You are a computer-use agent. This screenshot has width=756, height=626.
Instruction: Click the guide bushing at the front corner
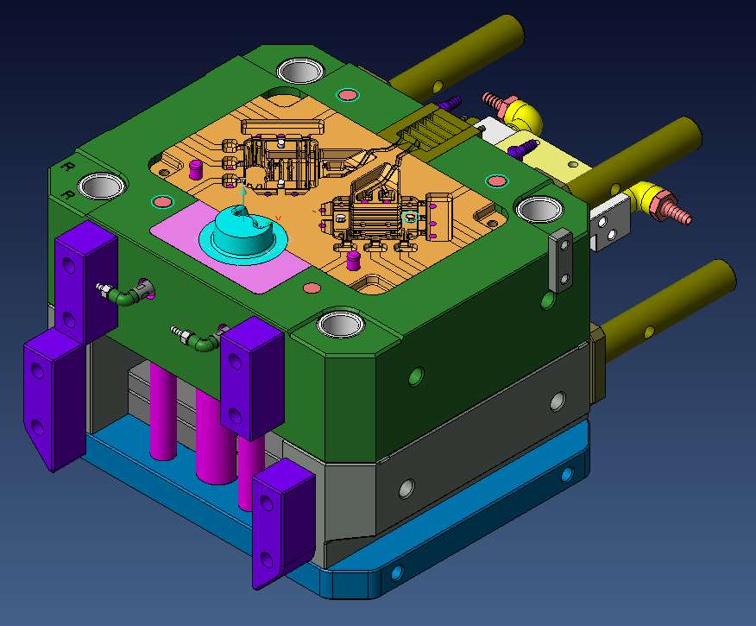(x=341, y=324)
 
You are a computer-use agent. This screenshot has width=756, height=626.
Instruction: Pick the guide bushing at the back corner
(x=299, y=70)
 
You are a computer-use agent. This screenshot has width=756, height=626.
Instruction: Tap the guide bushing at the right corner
(x=539, y=209)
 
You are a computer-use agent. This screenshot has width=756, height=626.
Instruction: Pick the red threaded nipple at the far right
(x=676, y=210)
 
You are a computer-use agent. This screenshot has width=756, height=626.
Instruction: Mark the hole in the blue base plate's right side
(x=566, y=474)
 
